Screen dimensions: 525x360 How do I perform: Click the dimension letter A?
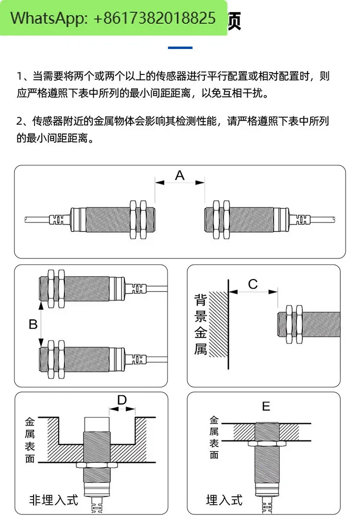point(180,175)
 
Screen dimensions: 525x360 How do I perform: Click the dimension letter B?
point(33,325)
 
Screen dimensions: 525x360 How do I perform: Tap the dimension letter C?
point(253,284)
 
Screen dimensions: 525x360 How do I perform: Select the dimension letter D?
point(122,400)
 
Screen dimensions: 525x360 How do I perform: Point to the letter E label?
point(266,407)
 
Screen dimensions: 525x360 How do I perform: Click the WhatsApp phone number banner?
point(113,18)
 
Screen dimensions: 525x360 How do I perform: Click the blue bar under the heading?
point(180,48)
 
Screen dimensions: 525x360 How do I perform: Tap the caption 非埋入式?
point(53,500)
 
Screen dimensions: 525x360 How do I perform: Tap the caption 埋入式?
point(224,500)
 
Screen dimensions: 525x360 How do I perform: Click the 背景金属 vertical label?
point(201,325)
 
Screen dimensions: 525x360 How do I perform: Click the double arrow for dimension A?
point(180,183)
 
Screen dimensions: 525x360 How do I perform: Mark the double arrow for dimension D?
point(122,409)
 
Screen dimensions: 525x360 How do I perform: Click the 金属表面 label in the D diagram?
point(30,440)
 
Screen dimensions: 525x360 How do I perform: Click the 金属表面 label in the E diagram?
point(214,437)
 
